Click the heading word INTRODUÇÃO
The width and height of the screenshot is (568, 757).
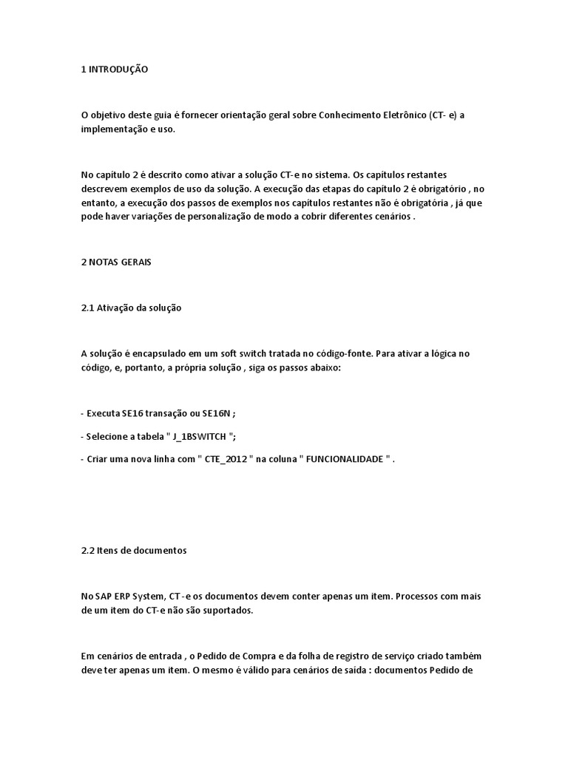[x=118, y=69]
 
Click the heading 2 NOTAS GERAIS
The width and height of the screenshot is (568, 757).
[x=116, y=262]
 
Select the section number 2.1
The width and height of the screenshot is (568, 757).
[x=87, y=308]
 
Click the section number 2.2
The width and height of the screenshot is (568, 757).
[x=87, y=550]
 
